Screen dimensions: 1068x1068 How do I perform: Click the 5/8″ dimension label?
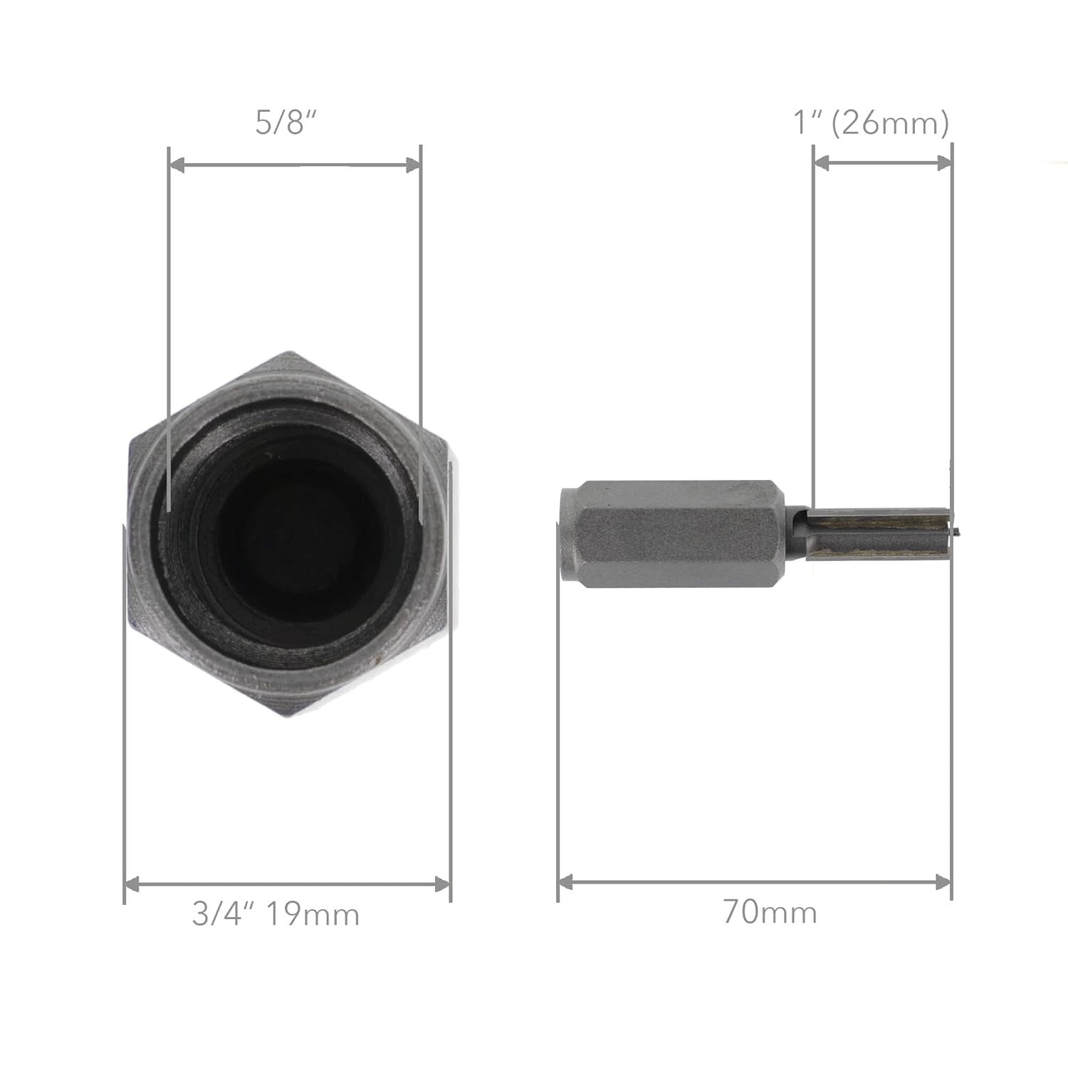[x=285, y=122]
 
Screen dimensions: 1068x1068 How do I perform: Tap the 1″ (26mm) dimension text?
[x=871, y=123]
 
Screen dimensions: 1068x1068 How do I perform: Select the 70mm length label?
[x=770, y=912]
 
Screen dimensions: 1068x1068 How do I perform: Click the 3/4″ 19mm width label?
[x=275, y=914]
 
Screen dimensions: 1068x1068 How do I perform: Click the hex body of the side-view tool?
[x=676, y=535]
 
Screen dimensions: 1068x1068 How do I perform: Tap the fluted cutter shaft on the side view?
[x=876, y=535]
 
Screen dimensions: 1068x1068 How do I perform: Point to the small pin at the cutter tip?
[x=957, y=530]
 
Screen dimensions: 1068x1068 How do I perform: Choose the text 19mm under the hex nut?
[x=313, y=914]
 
